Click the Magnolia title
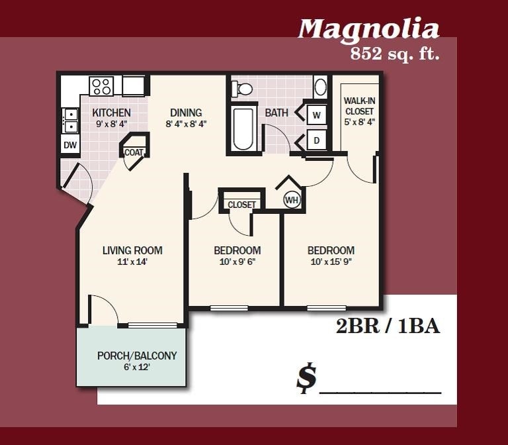click(368, 29)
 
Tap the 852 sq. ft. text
click(395, 54)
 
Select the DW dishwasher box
click(70, 144)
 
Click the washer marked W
click(316, 115)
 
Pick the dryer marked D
click(316, 140)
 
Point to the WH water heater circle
click(291, 199)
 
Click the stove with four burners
click(101, 86)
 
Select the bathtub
click(243, 129)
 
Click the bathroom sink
click(319, 87)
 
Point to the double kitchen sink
click(70, 120)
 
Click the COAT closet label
click(134, 152)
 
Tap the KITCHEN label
click(111, 113)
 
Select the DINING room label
click(186, 113)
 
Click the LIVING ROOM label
click(132, 250)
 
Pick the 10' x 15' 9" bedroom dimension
click(331, 262)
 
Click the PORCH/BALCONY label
click(137, 356)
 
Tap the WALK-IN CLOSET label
click(359, 106)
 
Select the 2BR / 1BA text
click(388, 326)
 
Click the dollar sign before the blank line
click(306, 378)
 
